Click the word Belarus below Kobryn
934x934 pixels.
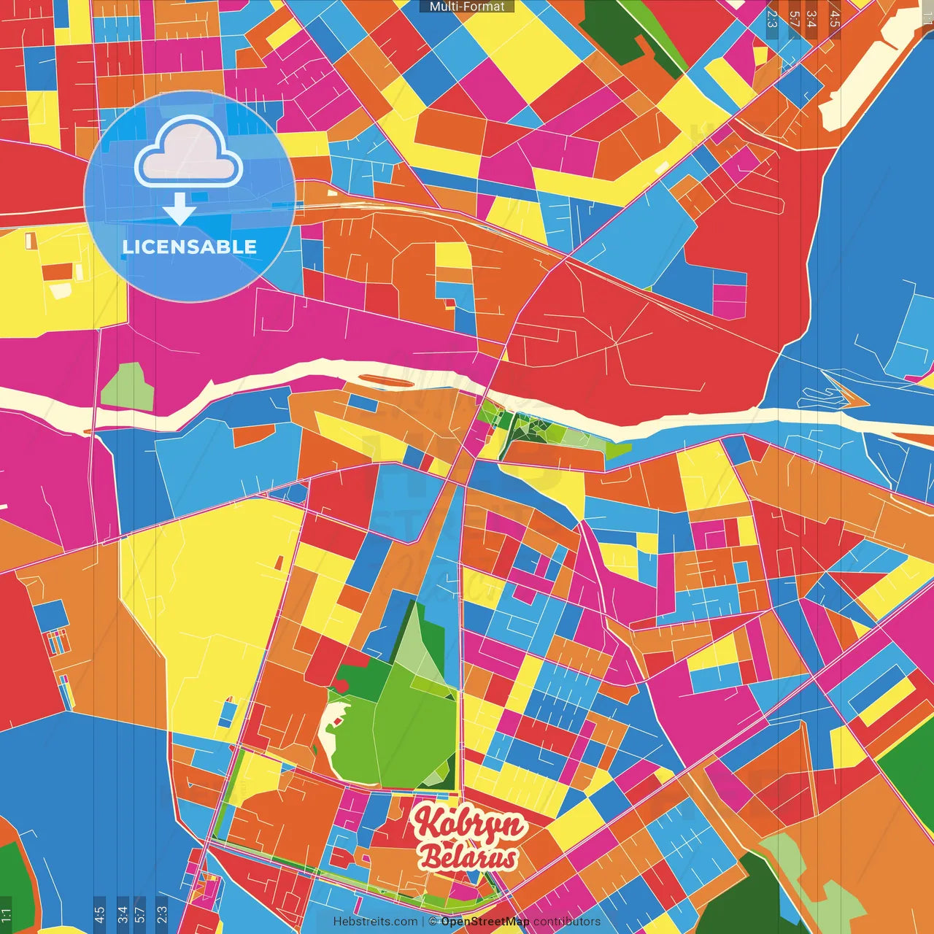coord(469,858)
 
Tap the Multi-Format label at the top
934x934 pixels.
coord(467,7)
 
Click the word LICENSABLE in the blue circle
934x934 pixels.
coord(190,247)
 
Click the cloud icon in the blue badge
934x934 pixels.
coord(189,152)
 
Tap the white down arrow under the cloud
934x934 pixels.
coord(180,210)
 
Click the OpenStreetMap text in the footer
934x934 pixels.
coord(485,922)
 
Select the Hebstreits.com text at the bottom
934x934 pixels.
coord(375,922)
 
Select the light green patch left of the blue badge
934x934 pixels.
coord(127,387)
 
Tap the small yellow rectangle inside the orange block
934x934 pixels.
coord(452,255)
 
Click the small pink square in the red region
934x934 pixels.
coord(729,301)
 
